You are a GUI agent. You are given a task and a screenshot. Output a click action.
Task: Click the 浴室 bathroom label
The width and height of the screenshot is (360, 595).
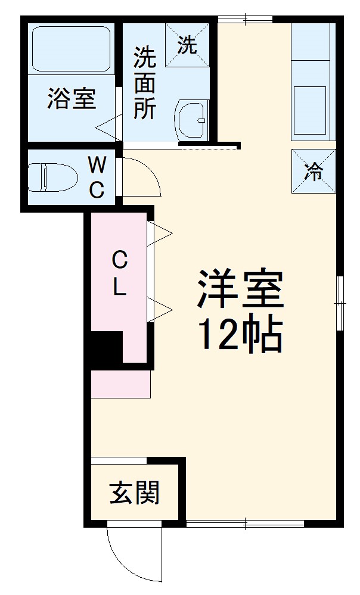point(72,99)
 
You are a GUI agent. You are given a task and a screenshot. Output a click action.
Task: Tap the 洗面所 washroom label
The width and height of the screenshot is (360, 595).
point(145,83)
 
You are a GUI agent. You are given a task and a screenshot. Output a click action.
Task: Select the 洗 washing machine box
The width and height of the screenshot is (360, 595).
point(187,45)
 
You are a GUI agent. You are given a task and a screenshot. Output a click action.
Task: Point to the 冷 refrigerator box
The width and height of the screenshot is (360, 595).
point(314,172)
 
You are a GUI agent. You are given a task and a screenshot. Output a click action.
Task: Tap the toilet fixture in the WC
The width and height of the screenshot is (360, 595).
point(53,177)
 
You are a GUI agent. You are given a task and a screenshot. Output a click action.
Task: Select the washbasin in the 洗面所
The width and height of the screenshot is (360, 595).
point(191,120)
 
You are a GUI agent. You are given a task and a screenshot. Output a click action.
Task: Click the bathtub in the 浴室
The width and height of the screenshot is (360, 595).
point(72,49)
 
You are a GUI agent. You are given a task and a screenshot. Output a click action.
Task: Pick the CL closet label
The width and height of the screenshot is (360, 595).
point(119,274)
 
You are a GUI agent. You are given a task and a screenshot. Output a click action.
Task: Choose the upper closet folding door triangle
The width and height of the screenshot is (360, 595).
point(159,233)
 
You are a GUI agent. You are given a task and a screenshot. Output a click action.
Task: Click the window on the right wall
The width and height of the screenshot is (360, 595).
point(339,302)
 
